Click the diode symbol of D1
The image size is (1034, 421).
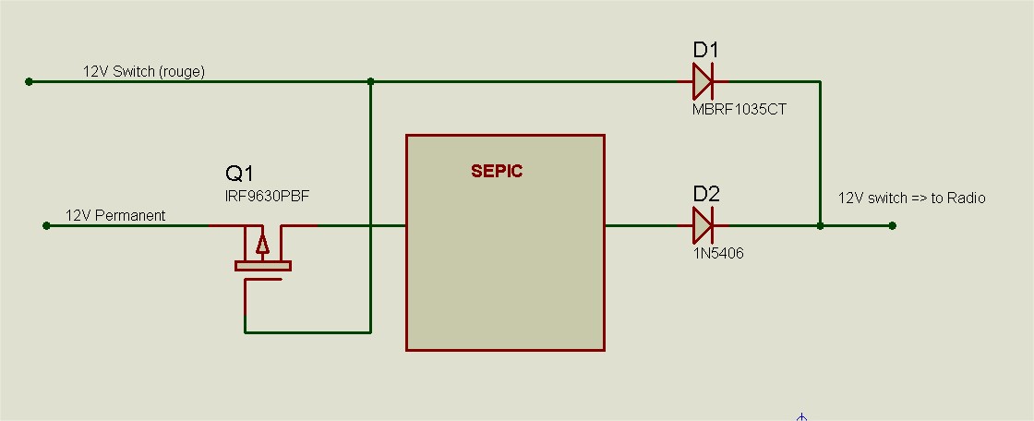[703, 81]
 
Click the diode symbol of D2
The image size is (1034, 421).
[703, 224]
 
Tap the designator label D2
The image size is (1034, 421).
[706, 194]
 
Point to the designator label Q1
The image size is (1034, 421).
[239, 173]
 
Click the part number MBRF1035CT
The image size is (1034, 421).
[739, 109]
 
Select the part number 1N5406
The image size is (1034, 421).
[717, 253]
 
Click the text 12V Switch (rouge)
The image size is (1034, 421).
[144, 71]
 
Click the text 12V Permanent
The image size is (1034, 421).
[115, 215]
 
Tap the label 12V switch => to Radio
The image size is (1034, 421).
[911, 198]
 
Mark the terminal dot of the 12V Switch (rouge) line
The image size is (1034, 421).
[30, 81]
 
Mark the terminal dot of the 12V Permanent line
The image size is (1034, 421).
[47, 224]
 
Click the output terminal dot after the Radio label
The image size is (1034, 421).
[892, 224]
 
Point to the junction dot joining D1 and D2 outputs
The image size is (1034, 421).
[820, 224]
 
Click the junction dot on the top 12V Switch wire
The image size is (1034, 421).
[370, 81]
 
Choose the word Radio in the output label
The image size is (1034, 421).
[967, 198]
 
